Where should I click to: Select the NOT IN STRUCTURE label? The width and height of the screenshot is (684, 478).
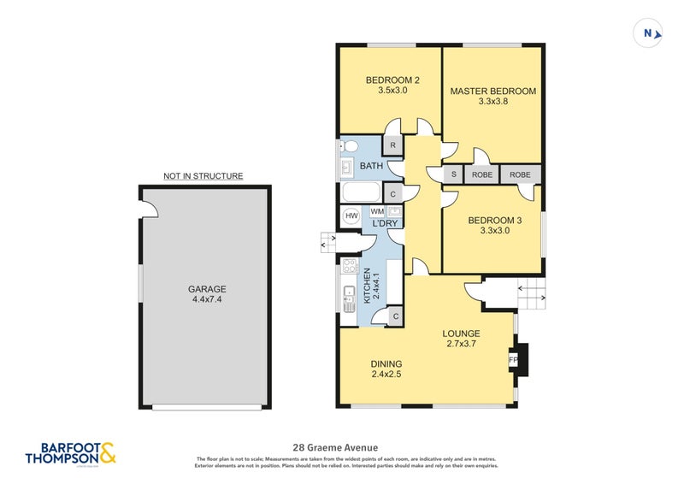pyautogui.click(x=203, y=176)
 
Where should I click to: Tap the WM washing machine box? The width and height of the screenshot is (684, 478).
pyautogui.click(x=377, y=210)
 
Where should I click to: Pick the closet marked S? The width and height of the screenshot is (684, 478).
pyautogui.click(x=453, y=174)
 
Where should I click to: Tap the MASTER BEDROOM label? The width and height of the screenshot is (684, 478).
pyautogui.click(x=492, y=91)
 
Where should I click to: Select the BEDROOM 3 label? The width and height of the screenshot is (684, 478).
pyautogui.click(x=494, y=220)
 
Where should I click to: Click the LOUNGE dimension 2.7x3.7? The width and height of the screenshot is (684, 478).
pyautogui.click(x=461, y=345)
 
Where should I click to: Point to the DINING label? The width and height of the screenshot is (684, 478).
pyautogui.click(x=386, y=363)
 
